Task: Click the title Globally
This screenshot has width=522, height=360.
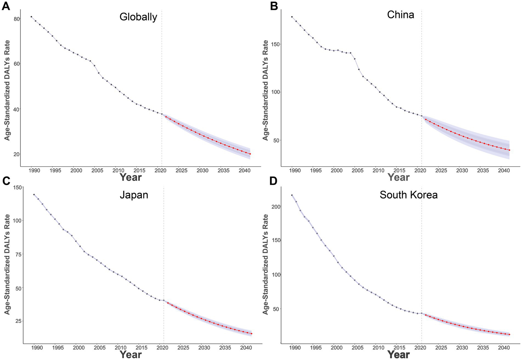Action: click(x=138, y=17)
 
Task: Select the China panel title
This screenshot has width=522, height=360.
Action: click(x=400, y=15)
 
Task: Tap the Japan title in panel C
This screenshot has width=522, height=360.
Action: click(x=134, y=195)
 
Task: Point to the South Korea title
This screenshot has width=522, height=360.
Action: click(x=408, y=195)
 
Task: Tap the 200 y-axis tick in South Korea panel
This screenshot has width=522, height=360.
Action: click(x=276, y=207)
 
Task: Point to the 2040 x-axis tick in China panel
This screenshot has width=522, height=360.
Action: click(x=504, y=170)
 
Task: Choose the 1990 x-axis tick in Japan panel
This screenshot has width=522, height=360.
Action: click(x=37, y=348)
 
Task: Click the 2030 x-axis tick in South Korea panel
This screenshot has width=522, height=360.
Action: click(x=462, y=348)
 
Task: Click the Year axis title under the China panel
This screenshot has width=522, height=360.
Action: click(x=399, y=177)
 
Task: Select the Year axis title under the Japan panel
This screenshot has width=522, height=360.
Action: click(x=131, y=355)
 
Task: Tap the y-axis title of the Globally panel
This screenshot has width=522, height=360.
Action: click(x=7, y=90)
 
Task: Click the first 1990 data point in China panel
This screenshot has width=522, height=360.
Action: click(x=292, y=17)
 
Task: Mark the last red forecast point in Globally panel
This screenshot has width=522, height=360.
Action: click(x=250, y=154)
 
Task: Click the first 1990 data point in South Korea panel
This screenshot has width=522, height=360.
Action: click(x=292, y=195)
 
